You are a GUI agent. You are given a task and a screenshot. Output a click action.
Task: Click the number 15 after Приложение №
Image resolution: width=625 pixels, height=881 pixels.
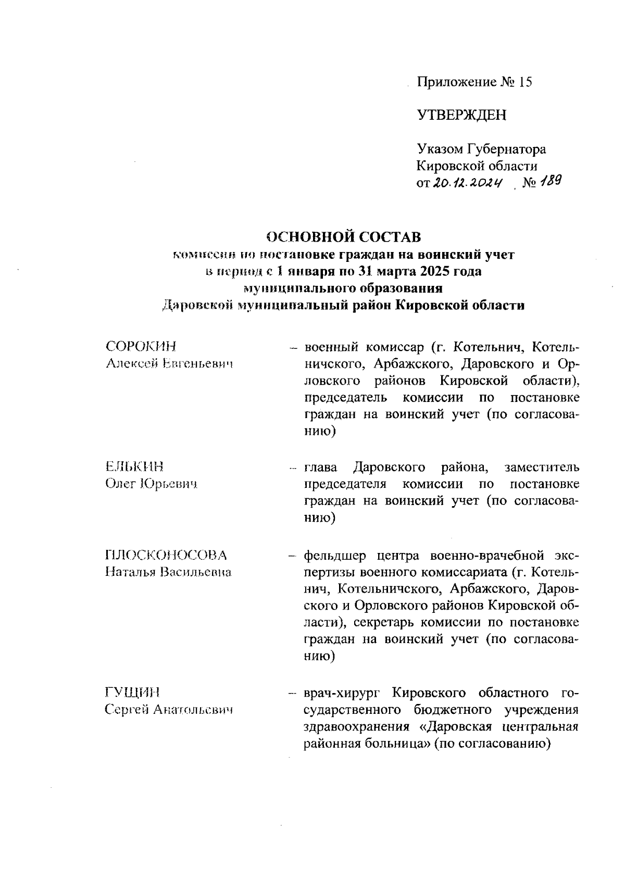click(524, 82)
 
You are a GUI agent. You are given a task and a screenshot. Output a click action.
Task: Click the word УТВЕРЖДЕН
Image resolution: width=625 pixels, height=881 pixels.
click(461, 115)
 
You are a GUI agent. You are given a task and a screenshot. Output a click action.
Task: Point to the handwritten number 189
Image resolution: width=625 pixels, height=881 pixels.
click(550, 181)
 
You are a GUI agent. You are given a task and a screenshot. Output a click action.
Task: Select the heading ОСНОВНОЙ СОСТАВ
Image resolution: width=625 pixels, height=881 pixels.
click(343, 237)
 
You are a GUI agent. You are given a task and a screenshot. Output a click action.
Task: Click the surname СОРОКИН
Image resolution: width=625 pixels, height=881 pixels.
click(141, 347)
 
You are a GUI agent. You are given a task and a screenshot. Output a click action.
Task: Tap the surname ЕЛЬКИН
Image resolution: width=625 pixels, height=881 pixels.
click(134, 467)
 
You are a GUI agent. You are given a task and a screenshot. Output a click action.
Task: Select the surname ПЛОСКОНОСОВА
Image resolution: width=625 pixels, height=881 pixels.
click(166, 555)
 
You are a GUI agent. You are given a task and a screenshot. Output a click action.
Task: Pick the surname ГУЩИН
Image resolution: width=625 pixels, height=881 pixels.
click(132, 693)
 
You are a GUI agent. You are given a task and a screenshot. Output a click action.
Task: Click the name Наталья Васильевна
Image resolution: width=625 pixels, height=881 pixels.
click(168, 572)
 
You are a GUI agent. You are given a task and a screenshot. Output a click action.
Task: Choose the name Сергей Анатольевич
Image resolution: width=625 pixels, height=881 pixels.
click(168, 710)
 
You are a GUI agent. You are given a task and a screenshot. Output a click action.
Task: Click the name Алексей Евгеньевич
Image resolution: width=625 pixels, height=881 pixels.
click(168, 364)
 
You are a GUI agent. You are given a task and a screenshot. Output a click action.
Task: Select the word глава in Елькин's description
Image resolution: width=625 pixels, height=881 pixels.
click(320, 467)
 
